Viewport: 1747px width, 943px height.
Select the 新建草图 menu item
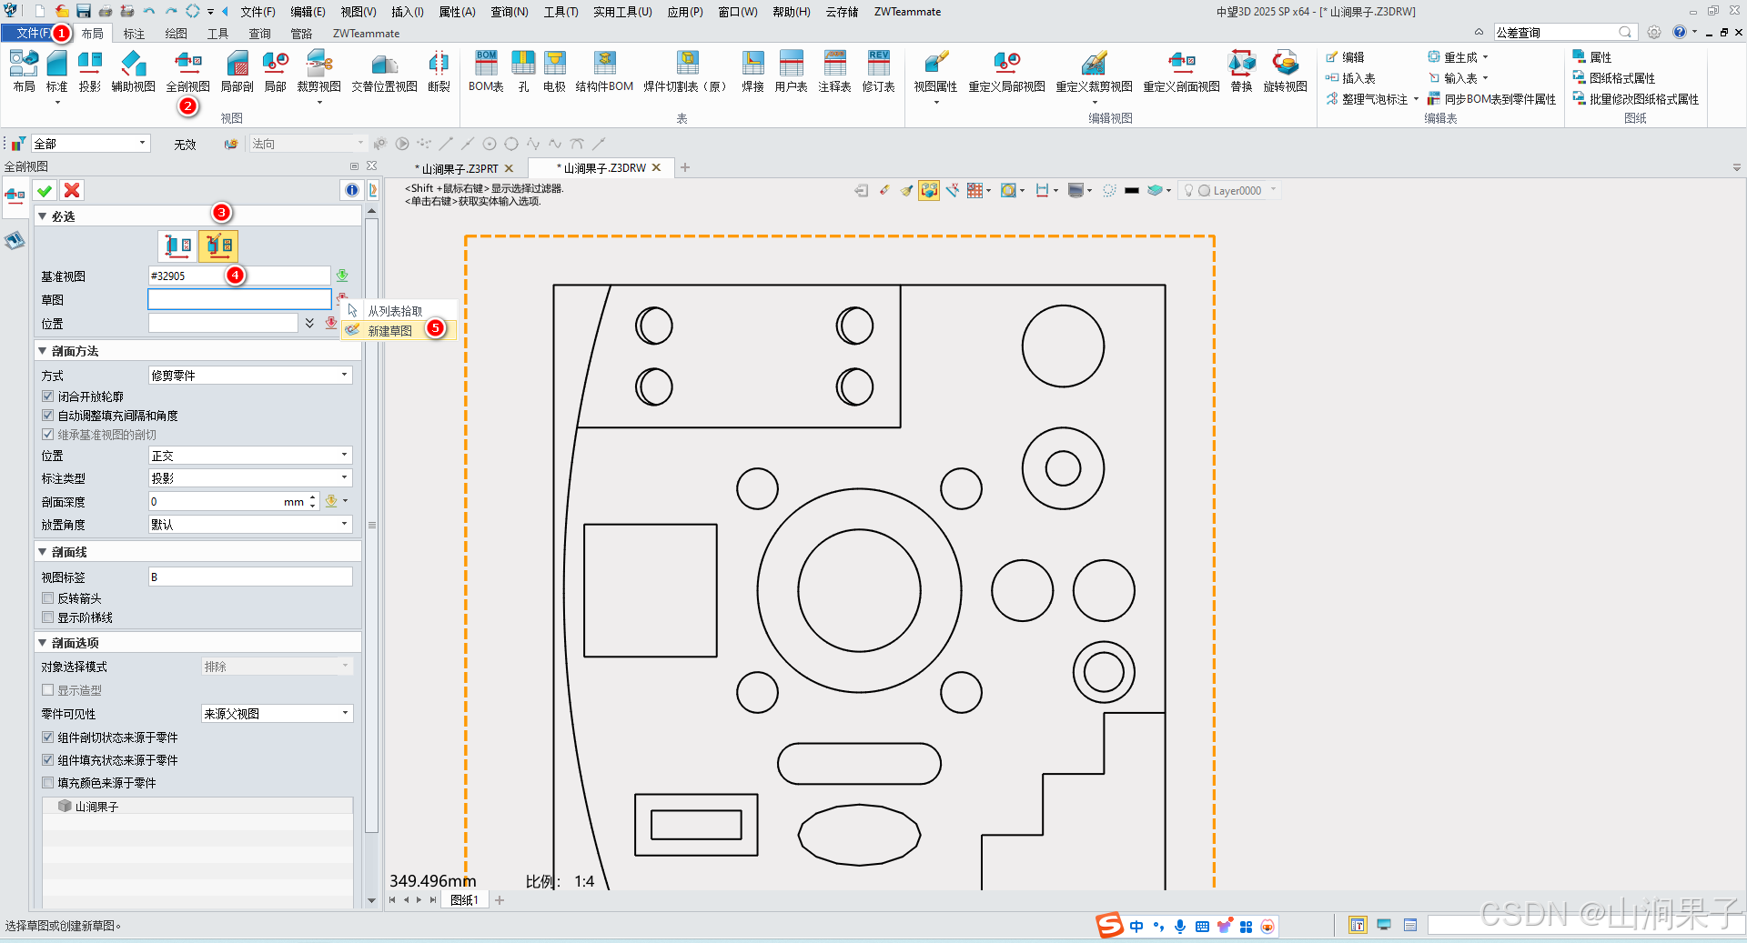pyautogui.click(x=389, y=331)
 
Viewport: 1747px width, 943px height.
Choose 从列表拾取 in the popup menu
pyautogui.click(x=395, y=311)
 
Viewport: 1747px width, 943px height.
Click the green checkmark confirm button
pyautogui.click(x=45, y=190)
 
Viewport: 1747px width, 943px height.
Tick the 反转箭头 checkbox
pyautogui.click(x=48, y=598)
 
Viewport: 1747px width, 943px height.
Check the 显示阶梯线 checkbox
pyautogui.click(x=48, y=617)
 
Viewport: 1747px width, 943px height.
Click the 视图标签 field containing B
pyautogui.click(x=250, y=577)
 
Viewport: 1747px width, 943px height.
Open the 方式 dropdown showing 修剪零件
pyautogui.click(x=250, y=375)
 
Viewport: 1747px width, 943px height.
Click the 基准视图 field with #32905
pyautogui.click(x=238, y=276)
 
